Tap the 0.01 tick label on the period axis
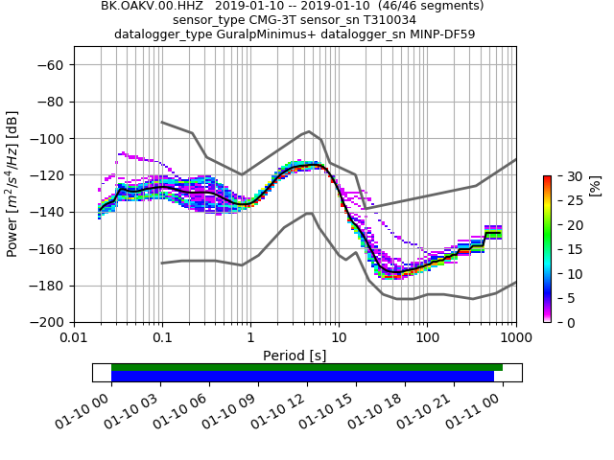click(74, 338)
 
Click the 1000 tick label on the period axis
click(516, 338)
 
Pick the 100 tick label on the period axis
click(427, 338)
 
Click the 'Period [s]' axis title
click(295, 356)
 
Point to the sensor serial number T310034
click(381, 20)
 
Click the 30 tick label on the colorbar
click(563, 176)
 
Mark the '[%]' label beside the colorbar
click(594, 183)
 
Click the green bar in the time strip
click(307, 367)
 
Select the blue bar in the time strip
click(302, 377)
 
